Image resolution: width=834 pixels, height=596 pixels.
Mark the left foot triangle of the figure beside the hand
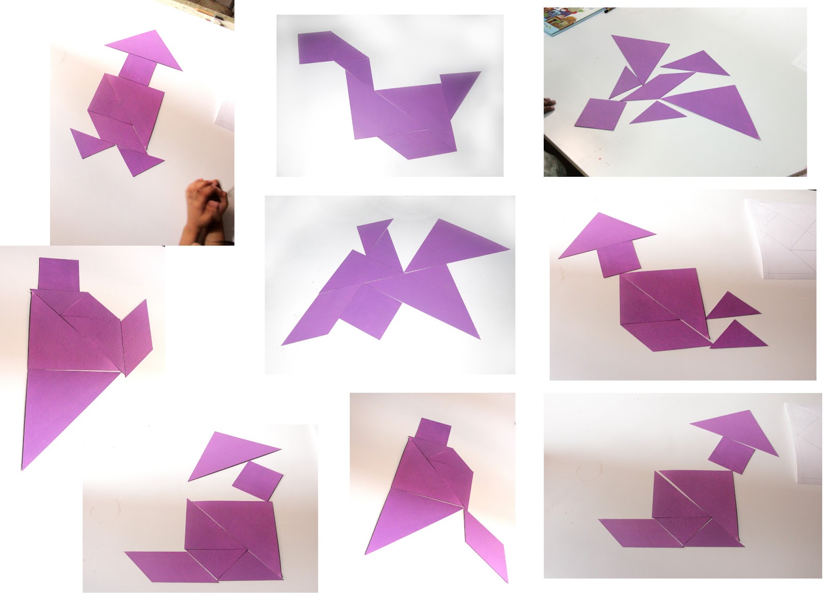[x=86, y=141]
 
